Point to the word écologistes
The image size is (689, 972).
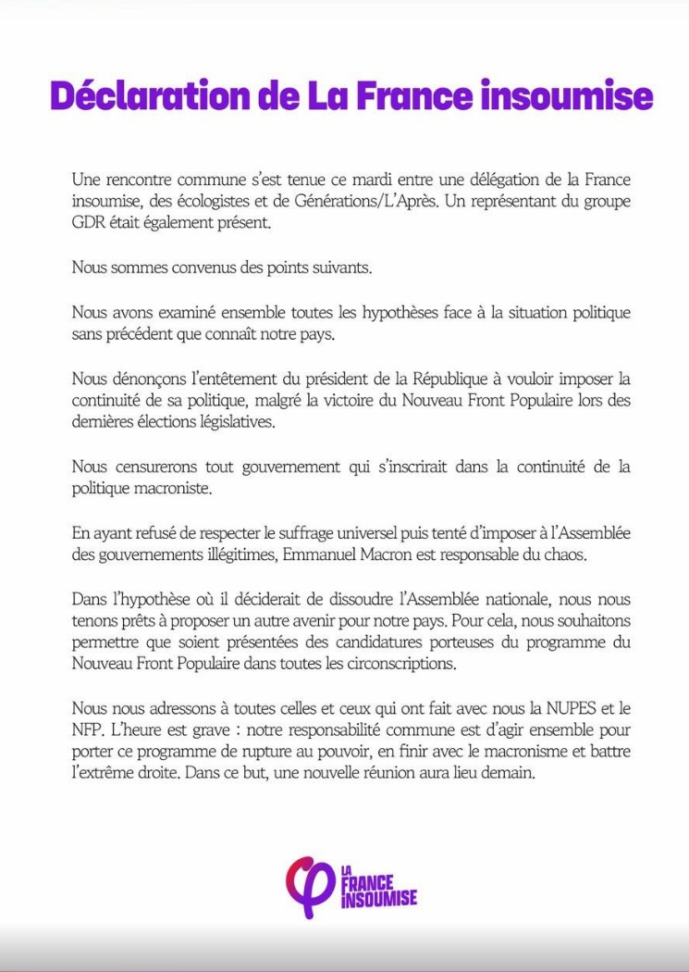point(198,200)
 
